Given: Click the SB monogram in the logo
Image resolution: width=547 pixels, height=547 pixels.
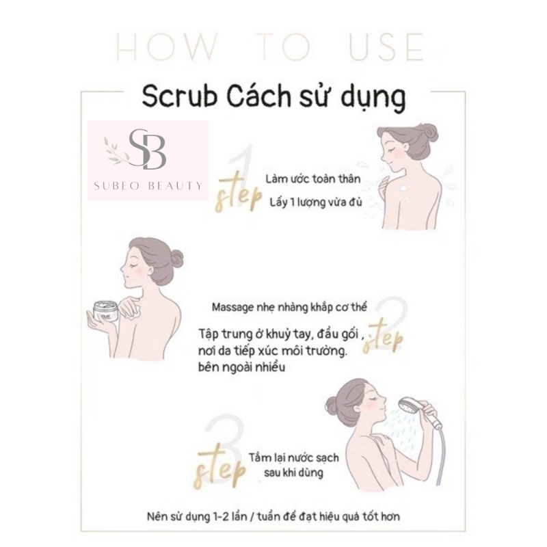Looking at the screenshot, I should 148,149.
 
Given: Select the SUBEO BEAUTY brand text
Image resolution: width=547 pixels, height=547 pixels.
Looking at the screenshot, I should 150,185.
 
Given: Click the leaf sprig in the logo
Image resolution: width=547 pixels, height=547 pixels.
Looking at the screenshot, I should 117,148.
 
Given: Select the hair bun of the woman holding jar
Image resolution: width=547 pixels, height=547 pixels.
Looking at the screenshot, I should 176,258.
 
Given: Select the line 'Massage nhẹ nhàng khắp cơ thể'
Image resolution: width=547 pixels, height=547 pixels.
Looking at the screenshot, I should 289,308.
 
